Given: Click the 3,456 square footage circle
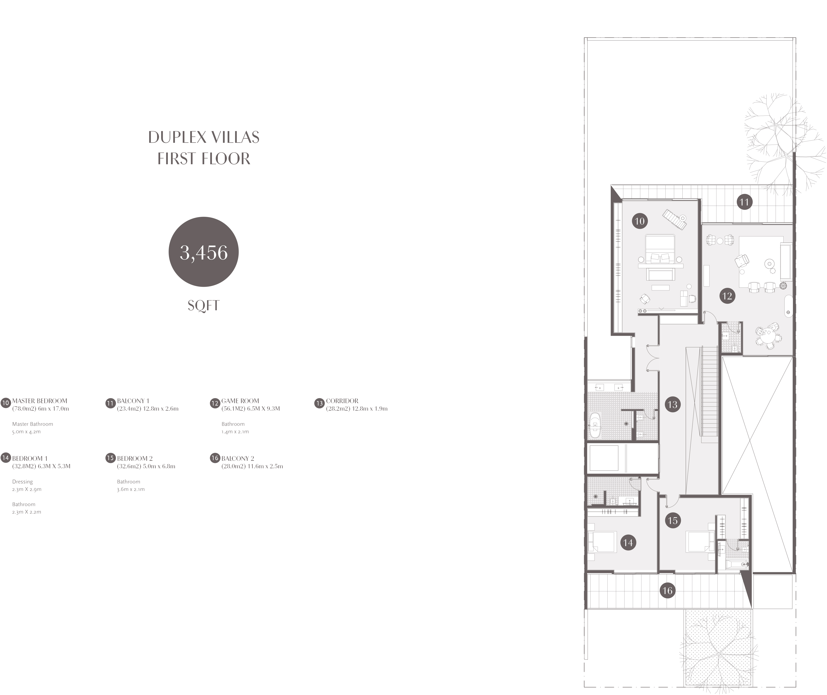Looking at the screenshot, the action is click(204, 252).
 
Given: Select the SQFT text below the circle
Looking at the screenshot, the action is click(204, 305).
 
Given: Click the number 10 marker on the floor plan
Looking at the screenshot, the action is click(640, 221).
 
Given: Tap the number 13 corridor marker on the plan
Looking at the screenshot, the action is click(672, 404).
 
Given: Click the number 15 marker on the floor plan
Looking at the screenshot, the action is click(672, 520).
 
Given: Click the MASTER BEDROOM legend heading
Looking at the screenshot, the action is click(40, 401).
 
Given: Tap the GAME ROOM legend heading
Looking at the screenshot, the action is click(240, 401).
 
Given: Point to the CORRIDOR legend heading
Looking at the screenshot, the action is click(342, 401).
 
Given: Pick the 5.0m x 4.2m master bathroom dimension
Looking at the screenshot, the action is click(26, 431).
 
